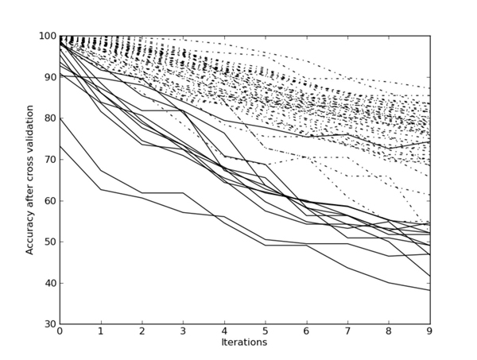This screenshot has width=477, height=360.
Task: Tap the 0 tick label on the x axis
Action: coord(60,332)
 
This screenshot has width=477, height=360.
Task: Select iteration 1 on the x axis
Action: coord(101,332)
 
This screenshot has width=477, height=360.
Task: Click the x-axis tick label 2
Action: coord(142,332)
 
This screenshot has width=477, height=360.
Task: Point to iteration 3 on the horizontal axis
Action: coord(183,332)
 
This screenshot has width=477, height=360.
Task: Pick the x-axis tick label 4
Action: coord(224,332)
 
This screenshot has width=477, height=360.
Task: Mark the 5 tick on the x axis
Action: coord(266,332)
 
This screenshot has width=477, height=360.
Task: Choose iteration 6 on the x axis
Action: coord(307,332)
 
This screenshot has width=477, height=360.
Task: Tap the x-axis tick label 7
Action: coord(347,332)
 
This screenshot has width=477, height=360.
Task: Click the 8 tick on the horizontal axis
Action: coord(389,332)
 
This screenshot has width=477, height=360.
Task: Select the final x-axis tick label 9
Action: coord(430,332)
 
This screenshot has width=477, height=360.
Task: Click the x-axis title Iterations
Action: coord(245,343)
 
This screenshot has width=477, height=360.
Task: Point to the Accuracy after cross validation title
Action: coord(30,180)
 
